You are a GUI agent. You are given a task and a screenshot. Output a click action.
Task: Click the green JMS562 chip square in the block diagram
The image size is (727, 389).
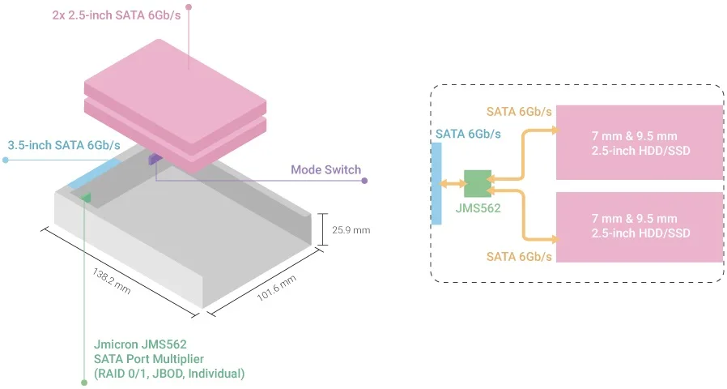[x=478, y=183]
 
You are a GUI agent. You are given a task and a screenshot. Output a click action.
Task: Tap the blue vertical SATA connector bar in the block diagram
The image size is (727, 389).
[x=436, y=183]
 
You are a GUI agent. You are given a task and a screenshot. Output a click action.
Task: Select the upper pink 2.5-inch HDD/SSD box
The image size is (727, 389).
[x=639, y=142]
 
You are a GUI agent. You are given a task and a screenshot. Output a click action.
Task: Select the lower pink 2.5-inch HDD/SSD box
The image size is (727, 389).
[x=639, y=227]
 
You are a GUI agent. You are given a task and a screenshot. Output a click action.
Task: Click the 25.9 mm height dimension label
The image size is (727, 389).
[x=351, y=230]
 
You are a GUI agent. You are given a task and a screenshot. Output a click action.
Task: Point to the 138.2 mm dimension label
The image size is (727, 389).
[x=112, y=277]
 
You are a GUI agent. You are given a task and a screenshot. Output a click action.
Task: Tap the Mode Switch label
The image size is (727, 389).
[x=325, y=170]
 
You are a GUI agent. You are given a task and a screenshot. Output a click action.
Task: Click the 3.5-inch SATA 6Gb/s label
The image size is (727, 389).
[x=64, y=146]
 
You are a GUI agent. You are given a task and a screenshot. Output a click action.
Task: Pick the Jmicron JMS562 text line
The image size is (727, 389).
[x=146, y=344]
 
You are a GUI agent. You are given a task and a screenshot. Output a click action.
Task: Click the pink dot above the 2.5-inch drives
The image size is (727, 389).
[x=189, y=7]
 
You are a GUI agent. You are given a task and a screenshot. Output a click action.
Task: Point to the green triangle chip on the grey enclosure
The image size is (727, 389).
[x=86, y=196]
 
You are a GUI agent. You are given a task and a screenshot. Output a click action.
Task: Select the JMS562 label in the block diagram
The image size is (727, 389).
[x=478, y=208]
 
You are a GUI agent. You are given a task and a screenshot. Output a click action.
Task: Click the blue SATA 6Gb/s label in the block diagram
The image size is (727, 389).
[x=468, y=134]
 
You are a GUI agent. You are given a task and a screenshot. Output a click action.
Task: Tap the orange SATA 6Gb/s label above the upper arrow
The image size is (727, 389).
[x=519, y=111]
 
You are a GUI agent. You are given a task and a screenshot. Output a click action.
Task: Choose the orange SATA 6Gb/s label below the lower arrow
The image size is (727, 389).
[x=519, y=257]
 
